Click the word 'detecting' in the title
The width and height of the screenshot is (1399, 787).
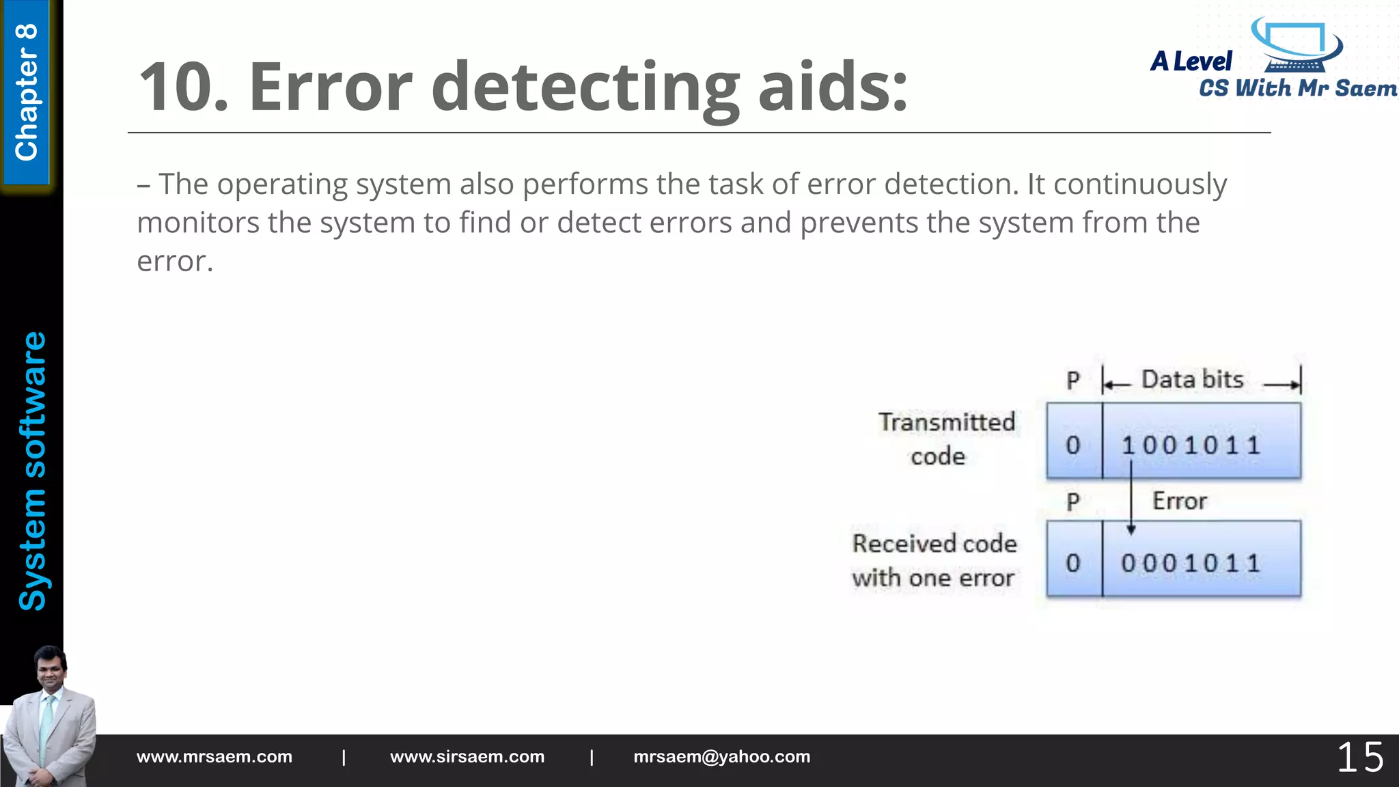pyautogui.click(x=585, y=87)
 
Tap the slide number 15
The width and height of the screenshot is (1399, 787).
pyautogui.click(x=1359, y=758)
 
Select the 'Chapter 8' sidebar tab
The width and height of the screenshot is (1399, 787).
pyautogui.click(x=26, y=92)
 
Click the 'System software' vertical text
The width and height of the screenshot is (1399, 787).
pyautogui.click(x=32, y=471)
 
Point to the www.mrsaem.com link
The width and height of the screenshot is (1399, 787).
pyautogui.click(x=214, y=757)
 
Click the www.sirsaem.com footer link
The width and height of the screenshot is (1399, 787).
pyautogui.click(x=467, y=757)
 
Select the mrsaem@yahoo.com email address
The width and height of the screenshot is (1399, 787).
pyautogui.click(x=721, y=757)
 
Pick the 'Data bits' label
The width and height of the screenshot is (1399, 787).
pyautogui.click(x=1192, y=380)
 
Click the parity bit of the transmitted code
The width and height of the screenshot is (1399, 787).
pyautogui.click(x=1073, y=445)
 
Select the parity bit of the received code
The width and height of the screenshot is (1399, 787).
pyautogui.click(x=1073, y=564)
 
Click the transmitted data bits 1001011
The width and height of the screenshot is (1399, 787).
pyautogui.click(x=1191, y=445)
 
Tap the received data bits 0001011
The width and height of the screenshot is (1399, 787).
pyautogui.click(x=1191, y=564)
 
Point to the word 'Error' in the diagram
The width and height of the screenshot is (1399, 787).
pyautogui.click(x=1179, y=501)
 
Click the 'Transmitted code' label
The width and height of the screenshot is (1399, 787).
pyautogui.click(x=945, y=439)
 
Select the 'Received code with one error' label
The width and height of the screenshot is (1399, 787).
pyautogui.click(x=934, y=561)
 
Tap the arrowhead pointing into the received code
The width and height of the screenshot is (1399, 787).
pyautogui.click(x=1131, y=529)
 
